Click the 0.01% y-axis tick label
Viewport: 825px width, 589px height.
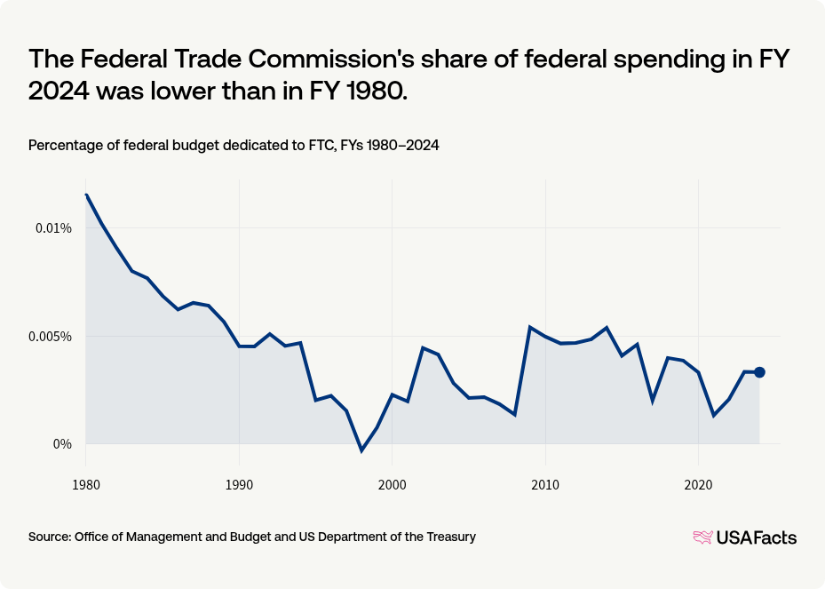[x=52, y=228]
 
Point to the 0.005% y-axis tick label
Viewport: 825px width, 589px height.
[x=50, y=337]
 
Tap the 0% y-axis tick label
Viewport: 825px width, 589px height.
[x=60, y=444]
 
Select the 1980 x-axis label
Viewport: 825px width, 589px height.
[x=85, y=486]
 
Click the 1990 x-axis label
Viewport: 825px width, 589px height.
[x=238, y=486]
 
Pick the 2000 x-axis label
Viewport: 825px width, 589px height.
[x=392, y=486]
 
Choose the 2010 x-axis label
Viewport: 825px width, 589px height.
[x=544, y=486]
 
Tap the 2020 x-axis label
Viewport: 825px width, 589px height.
[x=698, y=486]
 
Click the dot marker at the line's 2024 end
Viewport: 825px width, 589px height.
[x=759, y=372]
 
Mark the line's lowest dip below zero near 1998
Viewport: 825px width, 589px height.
[x=361, y=450]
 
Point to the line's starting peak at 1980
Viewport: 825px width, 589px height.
[x=86, y=195]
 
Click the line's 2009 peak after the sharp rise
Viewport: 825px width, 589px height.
[x=529, y=327]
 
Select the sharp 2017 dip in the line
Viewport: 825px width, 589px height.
[x=652, y=401]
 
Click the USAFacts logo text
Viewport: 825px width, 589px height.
[x=756, y=537]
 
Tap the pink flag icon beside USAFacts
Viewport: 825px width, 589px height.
[x=702, y=537]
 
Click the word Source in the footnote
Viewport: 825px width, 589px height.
[x=49, y=537]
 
